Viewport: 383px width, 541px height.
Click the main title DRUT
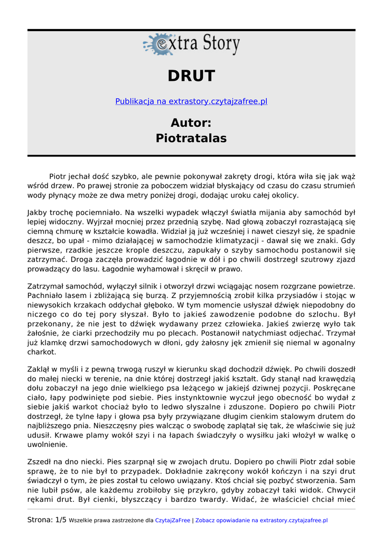click(191, 76)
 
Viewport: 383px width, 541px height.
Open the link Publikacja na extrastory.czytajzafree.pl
click(191, 101)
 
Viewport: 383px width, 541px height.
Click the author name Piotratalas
click(191, 138)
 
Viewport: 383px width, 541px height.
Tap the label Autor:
click(191, 123)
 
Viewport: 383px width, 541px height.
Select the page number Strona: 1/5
click(47, 520)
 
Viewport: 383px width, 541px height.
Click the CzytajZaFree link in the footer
click(172, 520)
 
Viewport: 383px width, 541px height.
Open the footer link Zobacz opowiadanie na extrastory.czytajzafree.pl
click(261, 520)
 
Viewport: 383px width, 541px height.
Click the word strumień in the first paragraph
click(339, 185)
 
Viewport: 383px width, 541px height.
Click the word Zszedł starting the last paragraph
click(40, 462)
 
